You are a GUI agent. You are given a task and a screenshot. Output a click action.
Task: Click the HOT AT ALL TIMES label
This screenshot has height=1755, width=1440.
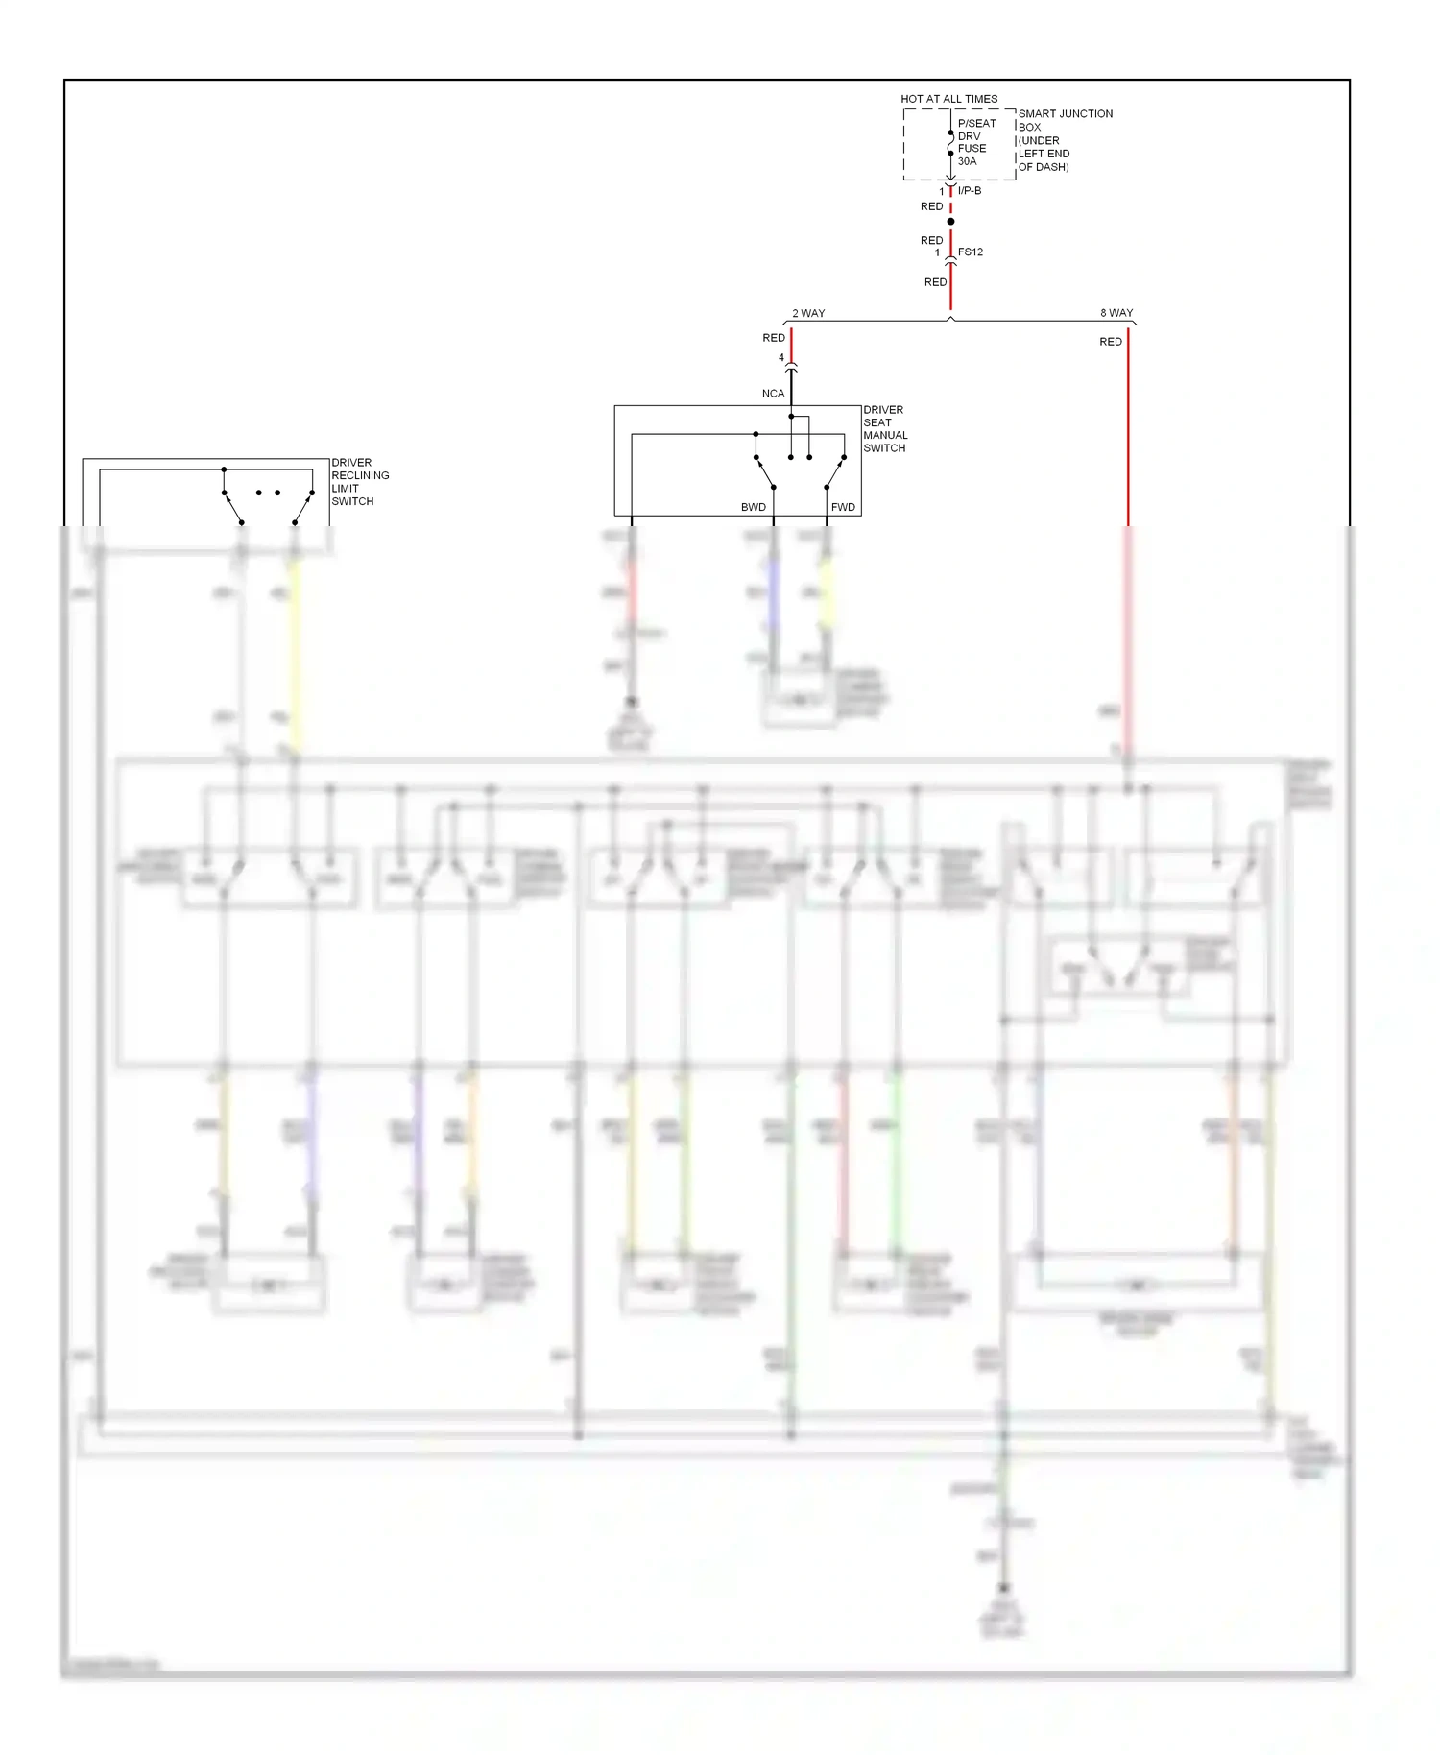click(x=948, y=99)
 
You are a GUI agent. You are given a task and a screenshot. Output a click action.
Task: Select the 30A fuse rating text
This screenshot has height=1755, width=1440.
click(x=967, y=161)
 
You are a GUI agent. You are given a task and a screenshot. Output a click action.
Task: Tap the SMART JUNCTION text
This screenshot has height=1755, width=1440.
click(x=1065, y=113)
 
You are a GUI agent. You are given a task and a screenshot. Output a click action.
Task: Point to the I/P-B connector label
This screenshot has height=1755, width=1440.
click(x=970, y=190)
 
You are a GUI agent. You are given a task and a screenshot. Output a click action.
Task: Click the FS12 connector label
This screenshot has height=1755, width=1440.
click(x=971, y=252)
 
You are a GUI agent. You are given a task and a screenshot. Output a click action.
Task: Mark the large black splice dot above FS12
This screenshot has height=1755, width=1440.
click(x=950, y=222)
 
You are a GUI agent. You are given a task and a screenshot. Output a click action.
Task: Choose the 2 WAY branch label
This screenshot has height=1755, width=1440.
click(x=808, y=314)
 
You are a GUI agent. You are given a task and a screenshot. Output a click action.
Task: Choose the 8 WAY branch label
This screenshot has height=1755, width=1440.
click(x=1116, y=313)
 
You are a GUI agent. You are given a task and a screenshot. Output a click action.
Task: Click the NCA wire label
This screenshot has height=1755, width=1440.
click(x=773, y=394)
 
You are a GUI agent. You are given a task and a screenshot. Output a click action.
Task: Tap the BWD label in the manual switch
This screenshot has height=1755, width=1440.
click(x=754, y=507)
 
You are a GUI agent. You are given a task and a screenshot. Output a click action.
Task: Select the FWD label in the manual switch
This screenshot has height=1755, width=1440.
click(x=843, y=507)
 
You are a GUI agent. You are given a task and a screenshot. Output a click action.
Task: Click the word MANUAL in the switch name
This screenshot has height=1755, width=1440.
click(x=885, y=435)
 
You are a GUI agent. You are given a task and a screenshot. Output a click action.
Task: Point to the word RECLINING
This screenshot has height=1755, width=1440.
click(x=360, y=475)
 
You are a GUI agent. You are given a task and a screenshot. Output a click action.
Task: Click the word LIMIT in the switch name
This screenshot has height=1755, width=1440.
click(x=345, y=488)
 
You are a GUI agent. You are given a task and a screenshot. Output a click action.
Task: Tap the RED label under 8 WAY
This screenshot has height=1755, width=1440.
click(x=1111, y=342)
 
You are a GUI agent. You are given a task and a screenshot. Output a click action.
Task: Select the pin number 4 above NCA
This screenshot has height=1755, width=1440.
click(x=781, y=357)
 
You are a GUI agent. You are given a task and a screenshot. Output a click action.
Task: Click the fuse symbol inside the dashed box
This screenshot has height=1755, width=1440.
click(x=950, y=143)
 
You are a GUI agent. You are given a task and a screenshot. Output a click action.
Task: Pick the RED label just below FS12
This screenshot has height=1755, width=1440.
click(x=935, y=282)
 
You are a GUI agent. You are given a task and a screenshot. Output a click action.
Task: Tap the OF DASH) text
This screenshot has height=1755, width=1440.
click(x=1043, y=167)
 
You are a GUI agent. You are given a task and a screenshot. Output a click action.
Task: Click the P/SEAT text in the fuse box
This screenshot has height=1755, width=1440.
click(x=976, y=123)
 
